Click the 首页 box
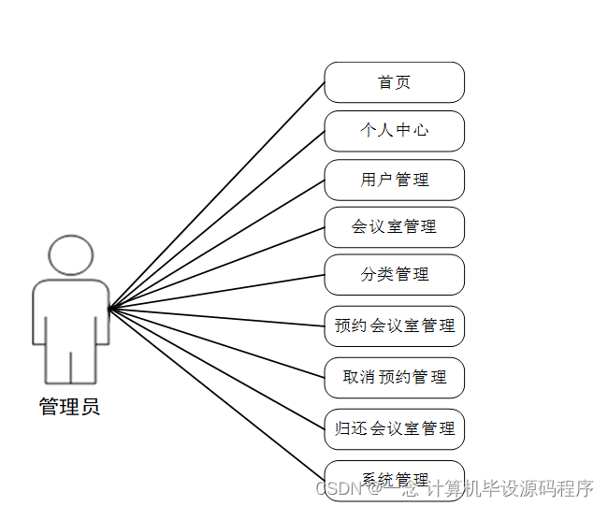coord(394,82)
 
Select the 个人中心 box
coord(394,131)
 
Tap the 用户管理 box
coord(394,180)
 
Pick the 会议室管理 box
coord(394,227)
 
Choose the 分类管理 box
coord(394,275)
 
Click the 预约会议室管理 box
coord(394,326)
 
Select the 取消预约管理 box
coord(394,377)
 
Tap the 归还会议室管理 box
coord(394,428)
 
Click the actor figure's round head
coord(71,254)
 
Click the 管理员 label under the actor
coord(69,407)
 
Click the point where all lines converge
coord(109,308)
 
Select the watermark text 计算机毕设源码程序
coord(511,488)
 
